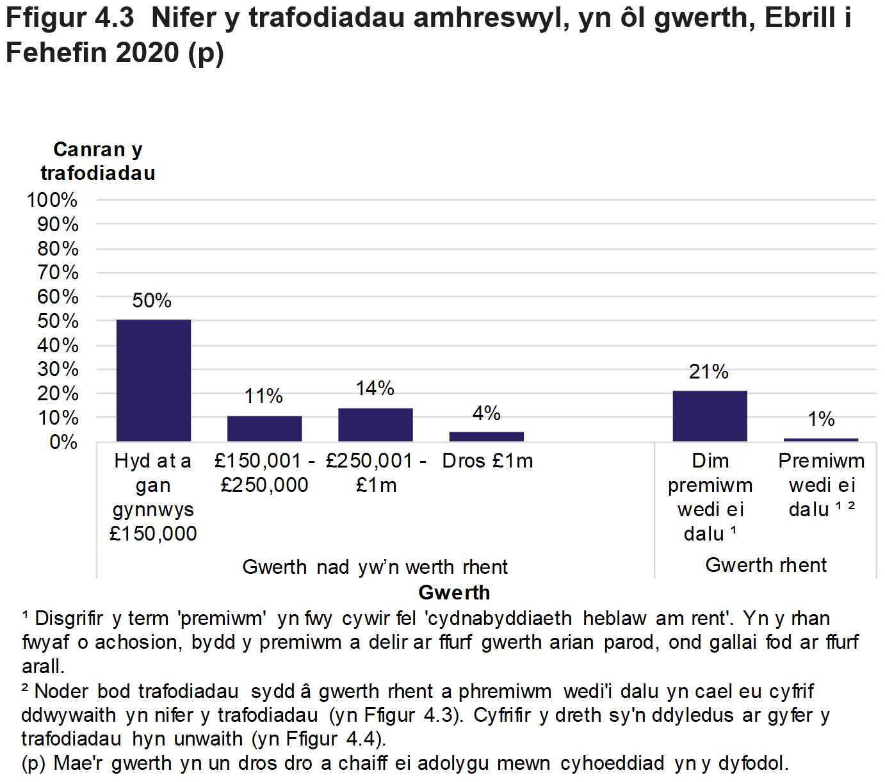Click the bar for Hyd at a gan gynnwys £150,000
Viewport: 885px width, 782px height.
153,380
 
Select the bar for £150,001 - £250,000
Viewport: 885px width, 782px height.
264,428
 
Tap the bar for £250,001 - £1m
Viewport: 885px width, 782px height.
375,425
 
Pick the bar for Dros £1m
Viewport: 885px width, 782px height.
486,437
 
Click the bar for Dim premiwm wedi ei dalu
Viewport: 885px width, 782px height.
710,416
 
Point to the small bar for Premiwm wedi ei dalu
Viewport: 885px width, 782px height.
820,440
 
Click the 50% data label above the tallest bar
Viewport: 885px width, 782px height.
152,300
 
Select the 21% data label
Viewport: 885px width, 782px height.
709,371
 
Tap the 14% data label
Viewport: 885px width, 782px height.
375,388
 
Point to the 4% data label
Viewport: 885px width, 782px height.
486,413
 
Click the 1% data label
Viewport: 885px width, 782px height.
821,420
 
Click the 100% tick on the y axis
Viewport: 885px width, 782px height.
53,200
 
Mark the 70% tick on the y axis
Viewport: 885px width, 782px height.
58,273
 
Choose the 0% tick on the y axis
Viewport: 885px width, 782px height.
63,442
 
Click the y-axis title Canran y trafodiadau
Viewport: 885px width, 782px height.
98,161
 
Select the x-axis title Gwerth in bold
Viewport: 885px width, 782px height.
454,592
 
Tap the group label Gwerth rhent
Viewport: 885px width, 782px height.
766,565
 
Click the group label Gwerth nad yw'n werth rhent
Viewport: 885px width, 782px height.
375,567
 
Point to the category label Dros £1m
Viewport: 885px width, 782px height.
487,461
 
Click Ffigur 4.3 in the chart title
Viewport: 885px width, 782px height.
70,18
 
